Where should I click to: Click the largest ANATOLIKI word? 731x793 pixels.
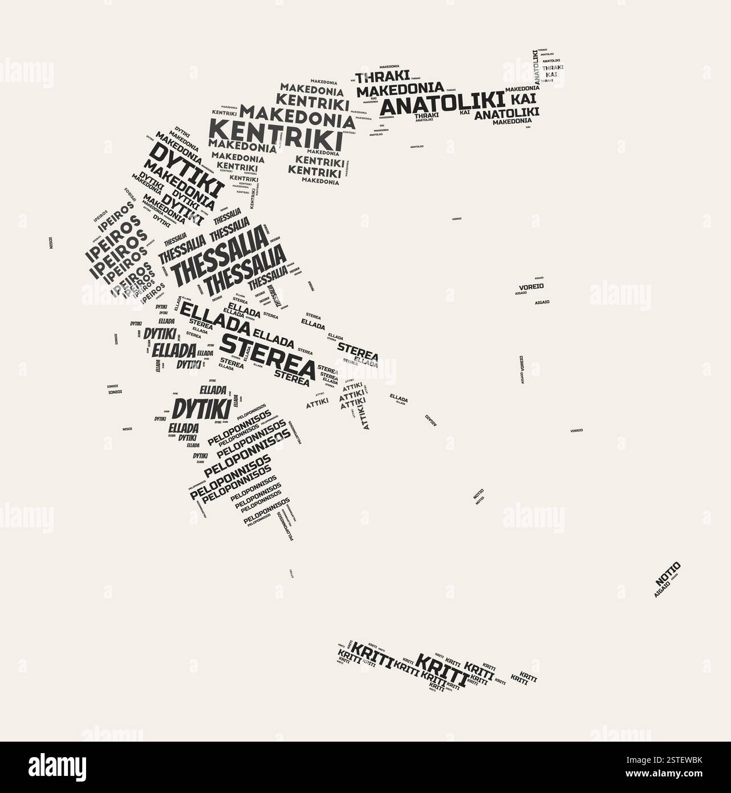tap(442, 104)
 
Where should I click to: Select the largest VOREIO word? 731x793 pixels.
tap(531, 286)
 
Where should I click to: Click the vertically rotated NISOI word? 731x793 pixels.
tap(50, 243)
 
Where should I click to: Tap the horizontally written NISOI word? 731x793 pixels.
tap(127, 429)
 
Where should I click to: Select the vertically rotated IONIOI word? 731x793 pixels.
tap(116, 339)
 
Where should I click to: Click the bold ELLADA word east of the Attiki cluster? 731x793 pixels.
tap(399, 397)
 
